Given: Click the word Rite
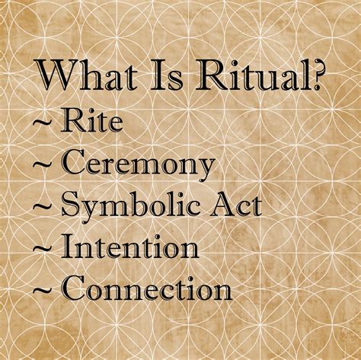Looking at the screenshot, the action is [91, 122].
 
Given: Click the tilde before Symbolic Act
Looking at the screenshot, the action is [42, 206].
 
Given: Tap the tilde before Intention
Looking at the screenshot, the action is [42, 247].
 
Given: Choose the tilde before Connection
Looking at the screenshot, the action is [42, 289].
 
